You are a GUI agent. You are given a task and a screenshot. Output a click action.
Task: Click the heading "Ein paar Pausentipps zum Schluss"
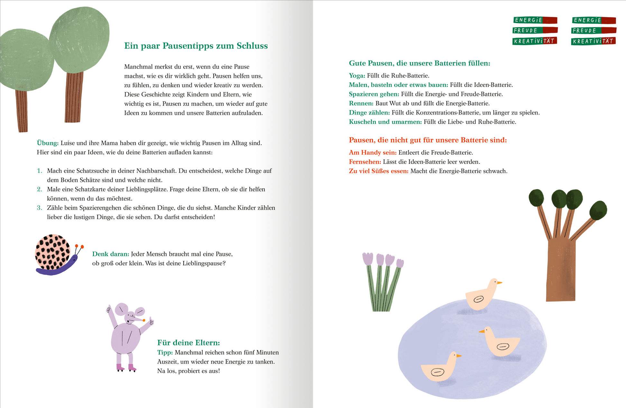(196, 46)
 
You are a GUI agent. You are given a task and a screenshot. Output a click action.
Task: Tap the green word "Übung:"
(48, 143)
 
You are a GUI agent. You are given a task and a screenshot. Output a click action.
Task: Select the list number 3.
(39, 208)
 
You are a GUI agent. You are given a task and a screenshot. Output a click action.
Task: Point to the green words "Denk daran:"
(111, 254)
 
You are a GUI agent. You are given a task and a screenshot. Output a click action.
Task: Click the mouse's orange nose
(144, 320)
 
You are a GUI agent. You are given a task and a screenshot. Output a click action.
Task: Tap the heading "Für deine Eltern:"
(189, 343)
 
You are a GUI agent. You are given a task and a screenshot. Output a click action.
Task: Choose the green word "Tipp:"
(165, 353)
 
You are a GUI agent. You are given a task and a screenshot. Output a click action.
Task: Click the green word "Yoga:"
(357, 76)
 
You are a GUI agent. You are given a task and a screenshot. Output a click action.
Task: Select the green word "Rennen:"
(361, 104)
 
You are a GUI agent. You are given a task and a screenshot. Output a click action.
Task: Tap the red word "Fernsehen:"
(365, 162)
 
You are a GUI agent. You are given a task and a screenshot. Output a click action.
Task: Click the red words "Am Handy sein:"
(373, 153)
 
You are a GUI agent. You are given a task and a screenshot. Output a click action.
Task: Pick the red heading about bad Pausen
(428, 140)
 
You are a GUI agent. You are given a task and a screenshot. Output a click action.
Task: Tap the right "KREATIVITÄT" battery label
(593, 41)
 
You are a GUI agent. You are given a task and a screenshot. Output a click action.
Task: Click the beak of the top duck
(499, 283)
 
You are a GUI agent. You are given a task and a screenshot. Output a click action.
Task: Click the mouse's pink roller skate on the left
(120, 367)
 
